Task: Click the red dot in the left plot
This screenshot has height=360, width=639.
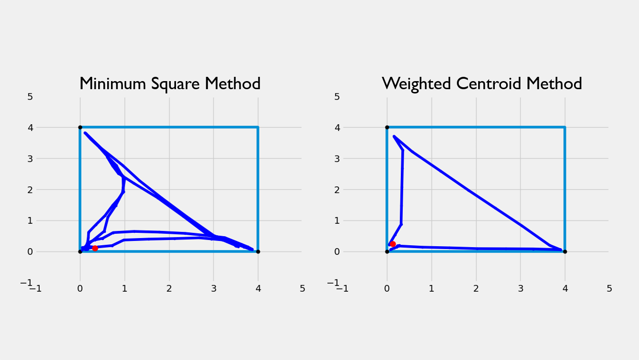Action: pos(95,248)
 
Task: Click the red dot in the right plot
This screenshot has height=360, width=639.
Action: pos(393,244)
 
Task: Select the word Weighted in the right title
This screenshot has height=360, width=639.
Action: pos(417,84)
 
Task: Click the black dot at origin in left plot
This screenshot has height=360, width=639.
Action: pos(80,251)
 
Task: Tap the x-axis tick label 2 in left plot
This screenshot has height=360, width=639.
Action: pos(169,288)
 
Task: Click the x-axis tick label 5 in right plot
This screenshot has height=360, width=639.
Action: pos(609,288)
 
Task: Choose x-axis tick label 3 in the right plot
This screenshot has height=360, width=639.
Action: pos(520,288)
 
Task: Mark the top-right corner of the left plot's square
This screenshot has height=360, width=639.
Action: pos(258,127)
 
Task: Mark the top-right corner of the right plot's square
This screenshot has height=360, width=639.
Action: pos(565,127)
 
